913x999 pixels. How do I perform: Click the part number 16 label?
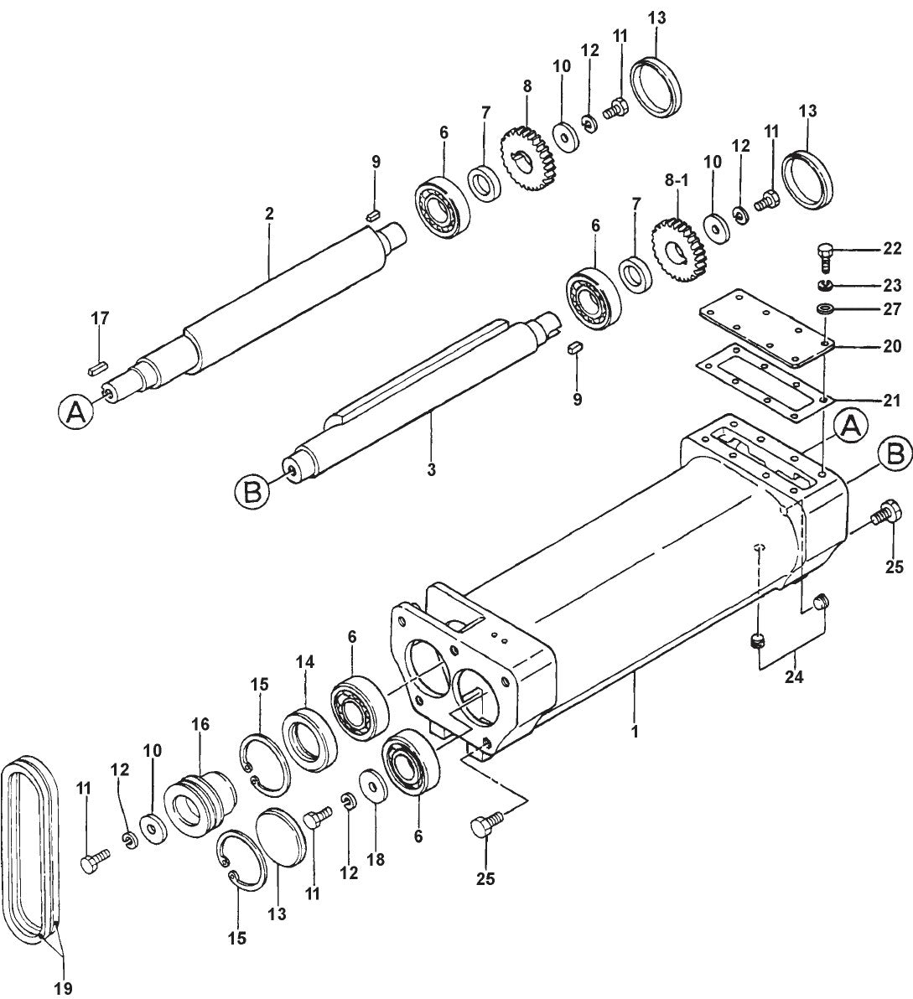201,723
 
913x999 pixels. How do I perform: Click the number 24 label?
793,677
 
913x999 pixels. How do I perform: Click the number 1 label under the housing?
635,731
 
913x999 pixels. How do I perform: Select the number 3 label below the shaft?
431,469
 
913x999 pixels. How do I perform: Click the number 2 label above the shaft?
269,214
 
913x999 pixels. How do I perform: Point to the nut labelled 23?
826,285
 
